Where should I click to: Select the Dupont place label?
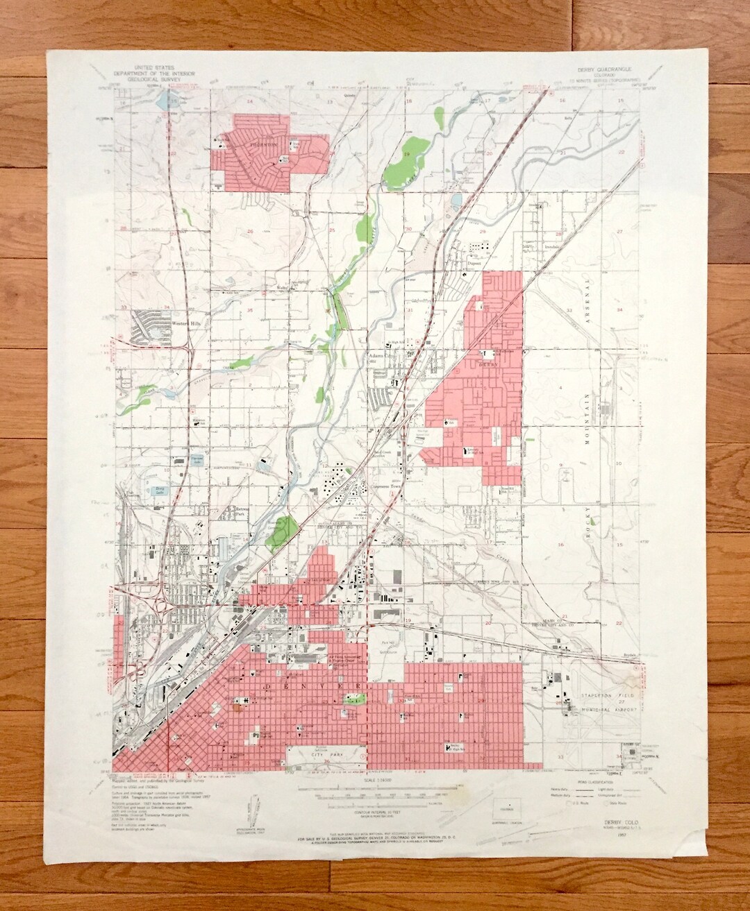tap(474, 263)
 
